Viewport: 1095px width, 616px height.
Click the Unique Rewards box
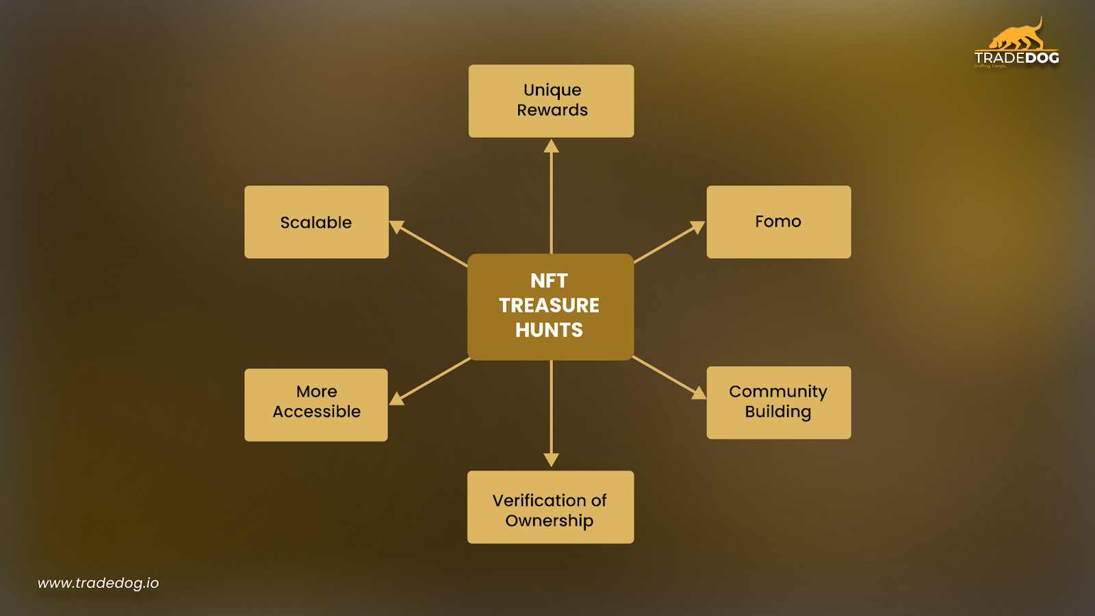(x=551, y=101)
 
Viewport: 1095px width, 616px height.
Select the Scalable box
(x=316, y=222)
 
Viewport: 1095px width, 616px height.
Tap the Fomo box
(x=778, y=222)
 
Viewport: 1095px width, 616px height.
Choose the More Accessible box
(x=316, y=405)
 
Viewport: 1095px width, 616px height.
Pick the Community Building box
(x=778, y=402)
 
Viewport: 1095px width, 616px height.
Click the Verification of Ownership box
(x=550, y=506)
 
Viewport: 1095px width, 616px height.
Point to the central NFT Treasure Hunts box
(x=550, y=307)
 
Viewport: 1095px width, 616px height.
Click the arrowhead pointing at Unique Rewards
(x=551, y=146)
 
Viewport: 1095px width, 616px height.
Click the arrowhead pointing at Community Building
(x=698, y=392)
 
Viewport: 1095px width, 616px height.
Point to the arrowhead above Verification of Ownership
(x=551, y=459)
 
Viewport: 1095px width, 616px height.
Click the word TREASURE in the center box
(x=549, y=305)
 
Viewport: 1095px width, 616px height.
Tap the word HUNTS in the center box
(x=549, y=330)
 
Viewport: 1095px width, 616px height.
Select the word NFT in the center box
(x=549, y=281)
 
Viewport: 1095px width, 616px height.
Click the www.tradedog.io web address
(x=98, y=583)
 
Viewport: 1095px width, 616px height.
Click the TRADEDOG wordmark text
(x=1016, y=58)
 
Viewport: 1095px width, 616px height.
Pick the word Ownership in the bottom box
(x=550, y=521)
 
